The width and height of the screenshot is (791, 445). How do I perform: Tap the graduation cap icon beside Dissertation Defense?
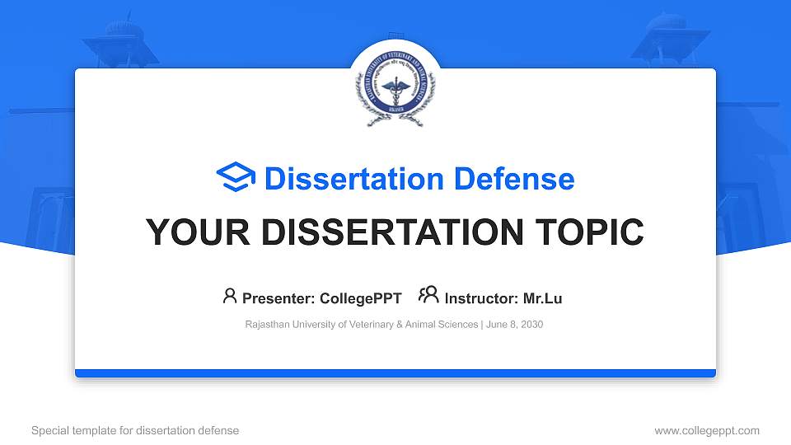pos(236,178)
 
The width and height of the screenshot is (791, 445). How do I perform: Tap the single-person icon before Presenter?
pos(230,297)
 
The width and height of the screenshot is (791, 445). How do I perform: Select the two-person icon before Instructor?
pos(428,297)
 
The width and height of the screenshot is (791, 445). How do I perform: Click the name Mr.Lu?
pos(543,298)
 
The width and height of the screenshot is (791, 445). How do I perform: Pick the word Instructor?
pos(481,298)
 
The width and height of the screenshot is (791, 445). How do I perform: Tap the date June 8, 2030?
pos(514,325)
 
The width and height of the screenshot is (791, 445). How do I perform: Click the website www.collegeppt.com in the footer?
pos(706,430)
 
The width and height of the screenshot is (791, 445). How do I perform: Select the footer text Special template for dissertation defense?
pos(135,430)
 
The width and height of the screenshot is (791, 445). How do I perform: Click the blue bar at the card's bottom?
pos(395,373)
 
